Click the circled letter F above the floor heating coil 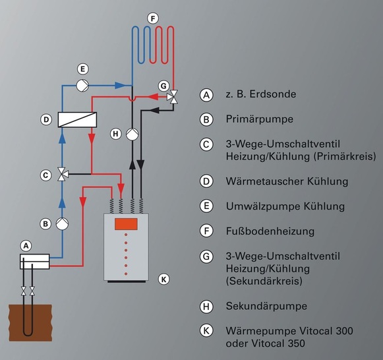(153, 19)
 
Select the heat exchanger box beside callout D (77, 119)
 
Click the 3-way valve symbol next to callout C (63, 174)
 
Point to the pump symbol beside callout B (63, 223)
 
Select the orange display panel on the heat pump (129, 224)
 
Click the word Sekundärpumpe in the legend (256, 306)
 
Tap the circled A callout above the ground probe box (26, 245)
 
